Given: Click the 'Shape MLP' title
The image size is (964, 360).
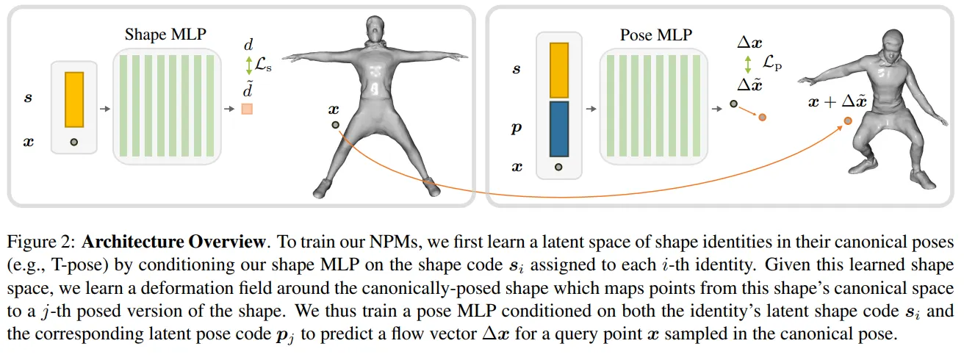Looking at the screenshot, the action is click(165, 35).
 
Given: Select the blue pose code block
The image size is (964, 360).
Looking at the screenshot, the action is click(559, 129).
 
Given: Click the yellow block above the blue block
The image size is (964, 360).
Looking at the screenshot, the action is click(559, 71).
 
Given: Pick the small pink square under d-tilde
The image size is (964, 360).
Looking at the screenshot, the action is click(247, 109).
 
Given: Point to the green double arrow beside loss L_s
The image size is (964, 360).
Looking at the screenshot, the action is click(248, 65).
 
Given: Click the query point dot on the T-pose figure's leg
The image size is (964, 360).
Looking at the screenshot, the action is click(336, 124).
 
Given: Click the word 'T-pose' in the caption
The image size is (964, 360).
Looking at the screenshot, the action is click(83, 264).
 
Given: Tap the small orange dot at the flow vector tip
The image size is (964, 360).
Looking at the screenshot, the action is click(763, 117).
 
